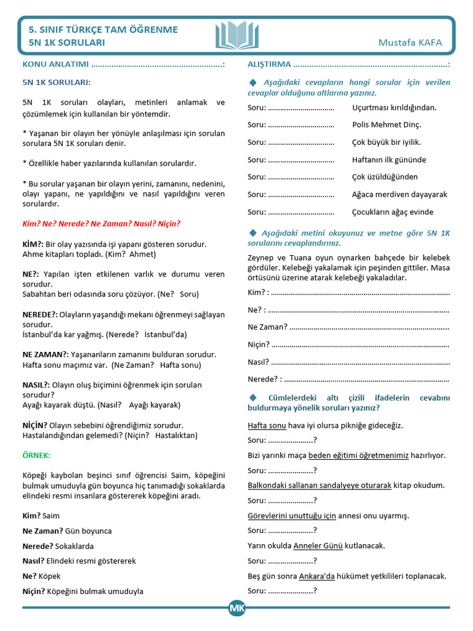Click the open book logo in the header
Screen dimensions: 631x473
point(237,35)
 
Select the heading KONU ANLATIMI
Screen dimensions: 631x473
point(56,64)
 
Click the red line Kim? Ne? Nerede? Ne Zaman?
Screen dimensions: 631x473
point(101,224)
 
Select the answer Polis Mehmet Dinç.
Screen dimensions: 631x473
point(387,124)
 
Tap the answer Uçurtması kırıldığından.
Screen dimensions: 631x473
point(394,107)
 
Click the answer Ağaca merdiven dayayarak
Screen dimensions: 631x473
point(400,194)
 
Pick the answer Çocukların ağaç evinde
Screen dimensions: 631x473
point(392,212)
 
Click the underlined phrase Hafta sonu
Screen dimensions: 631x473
point(267,425)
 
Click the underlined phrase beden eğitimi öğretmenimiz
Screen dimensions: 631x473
point(358,455)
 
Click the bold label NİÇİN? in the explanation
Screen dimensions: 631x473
point(34,425)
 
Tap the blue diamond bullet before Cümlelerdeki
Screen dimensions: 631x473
point(252,397)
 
